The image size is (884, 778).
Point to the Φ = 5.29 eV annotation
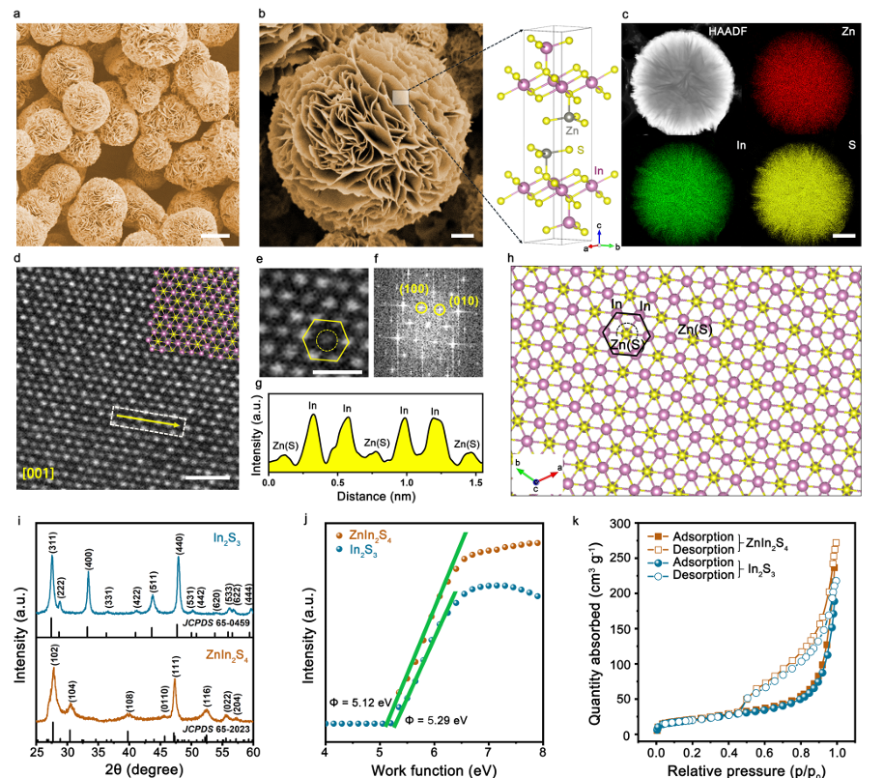tap(436, 720)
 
